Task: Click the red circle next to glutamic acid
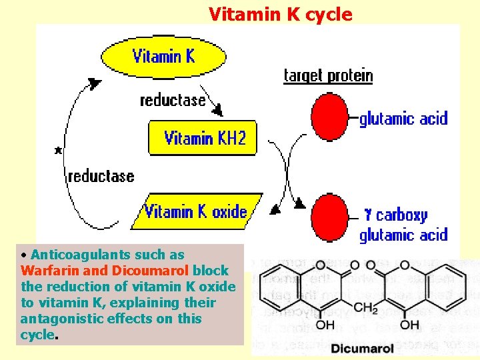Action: pos(330,117)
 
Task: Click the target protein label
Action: pos(328,75)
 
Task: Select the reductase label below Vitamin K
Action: pos(172,101)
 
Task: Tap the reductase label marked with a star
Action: pos(101,176)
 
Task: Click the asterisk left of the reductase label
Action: pos(59,151)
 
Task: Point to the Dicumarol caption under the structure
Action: pos(364,348)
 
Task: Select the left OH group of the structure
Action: pos(326,325)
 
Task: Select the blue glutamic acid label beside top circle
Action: pos(403,119)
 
